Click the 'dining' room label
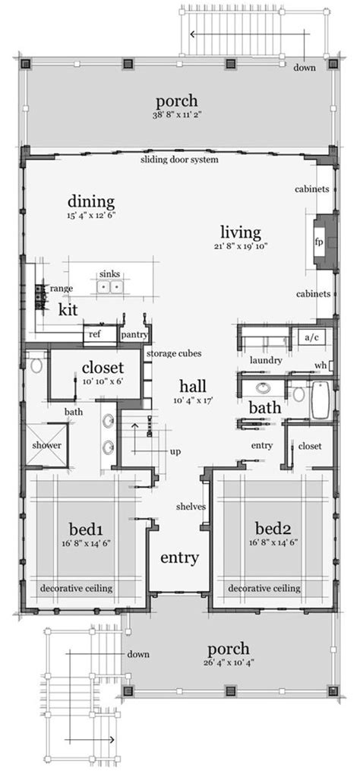point(91,201)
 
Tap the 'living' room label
point(240,232)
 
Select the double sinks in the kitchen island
point(109,286)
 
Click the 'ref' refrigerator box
point(94,334)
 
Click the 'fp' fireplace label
point(319,242)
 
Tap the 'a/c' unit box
point(313,337)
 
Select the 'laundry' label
point(266,360)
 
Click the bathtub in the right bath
point(323,401)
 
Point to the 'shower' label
point(47,445)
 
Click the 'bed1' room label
point(85,529)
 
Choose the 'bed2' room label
point(272,529)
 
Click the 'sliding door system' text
point(179,160)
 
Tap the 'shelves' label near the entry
point(191,507)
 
